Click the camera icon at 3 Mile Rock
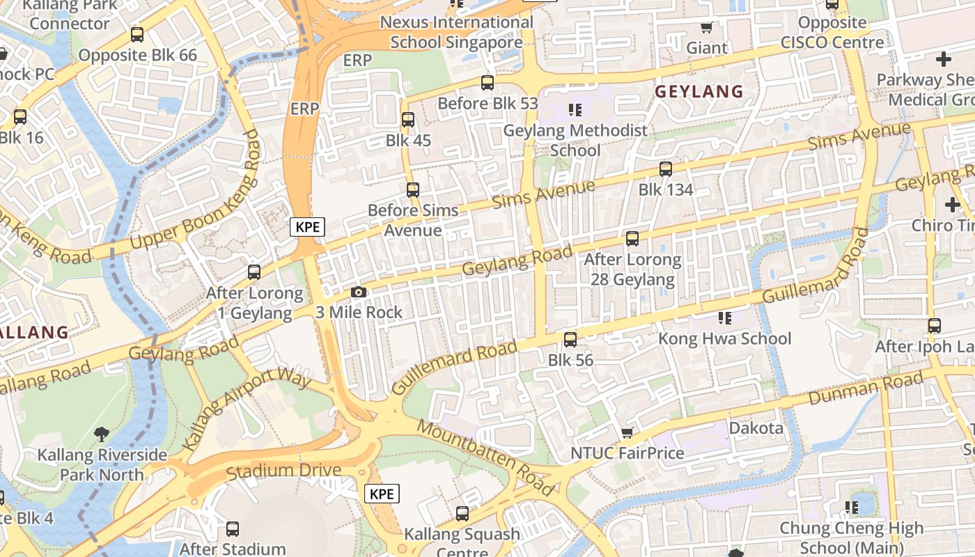click(359, 292)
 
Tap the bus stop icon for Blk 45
click(408, 120)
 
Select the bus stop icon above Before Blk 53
click(487, 83)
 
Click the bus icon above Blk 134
click(666, 169)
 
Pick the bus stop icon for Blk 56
click(570, 340)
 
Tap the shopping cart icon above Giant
click(706, 28)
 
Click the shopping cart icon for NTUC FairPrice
click(627, 433)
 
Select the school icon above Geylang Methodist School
click(575, 109)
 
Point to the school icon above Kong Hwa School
click(724, 318)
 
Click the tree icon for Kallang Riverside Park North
click(102, 434)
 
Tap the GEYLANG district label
click(699, 91)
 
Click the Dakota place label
click(756, 427)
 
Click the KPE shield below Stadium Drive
click(382, 494)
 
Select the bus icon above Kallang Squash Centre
click(462, 515)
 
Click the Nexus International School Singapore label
click(456, 32)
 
